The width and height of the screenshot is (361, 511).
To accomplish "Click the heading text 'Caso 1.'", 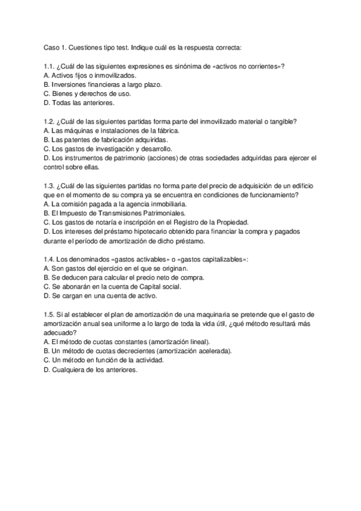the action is (57, 47).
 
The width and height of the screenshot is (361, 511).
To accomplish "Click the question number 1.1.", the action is (50, 66).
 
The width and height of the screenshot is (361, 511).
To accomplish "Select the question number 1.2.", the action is (50, 121).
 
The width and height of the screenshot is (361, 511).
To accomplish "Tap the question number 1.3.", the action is (50, 186).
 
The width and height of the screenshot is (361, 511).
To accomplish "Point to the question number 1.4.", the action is (50, 259).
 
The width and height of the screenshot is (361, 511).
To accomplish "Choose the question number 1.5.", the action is (50, 315).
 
